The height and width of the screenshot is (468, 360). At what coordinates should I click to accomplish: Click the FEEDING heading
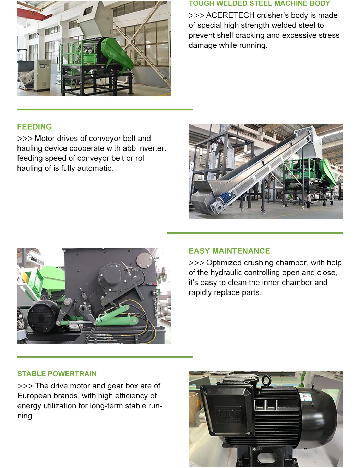[34, 127]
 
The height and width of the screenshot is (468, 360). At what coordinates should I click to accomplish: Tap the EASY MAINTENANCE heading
[229, 251]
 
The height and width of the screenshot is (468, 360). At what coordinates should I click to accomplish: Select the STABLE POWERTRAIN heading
[57, 374]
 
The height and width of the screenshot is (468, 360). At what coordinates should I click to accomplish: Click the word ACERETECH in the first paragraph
[230, 15]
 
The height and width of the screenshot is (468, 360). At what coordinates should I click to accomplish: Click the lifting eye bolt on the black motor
[266, 380]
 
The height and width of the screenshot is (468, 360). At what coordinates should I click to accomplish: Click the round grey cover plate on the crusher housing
[144, 260]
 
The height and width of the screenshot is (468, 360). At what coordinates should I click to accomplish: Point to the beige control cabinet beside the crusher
[42, 75]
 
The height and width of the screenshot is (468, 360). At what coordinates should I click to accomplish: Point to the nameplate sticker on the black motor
[307, 397]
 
